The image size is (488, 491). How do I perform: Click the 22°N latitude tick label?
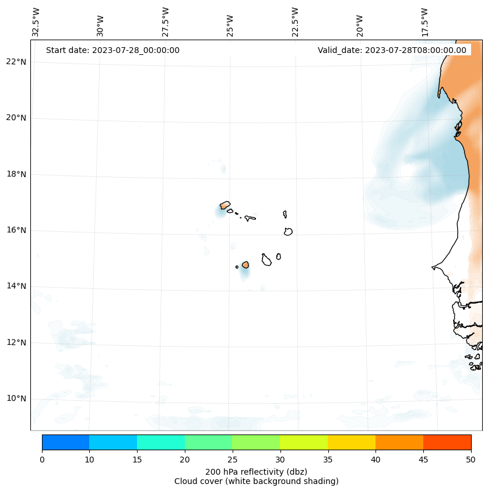[x=16, y=62]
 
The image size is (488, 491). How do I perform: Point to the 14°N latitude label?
[x=16, y=286]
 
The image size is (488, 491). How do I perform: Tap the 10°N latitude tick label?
[x=16, y=398]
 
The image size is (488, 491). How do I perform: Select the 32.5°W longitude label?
[x=36, y=22]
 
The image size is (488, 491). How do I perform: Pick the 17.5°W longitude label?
[x=425, y=22]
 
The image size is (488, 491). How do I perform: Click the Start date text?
[x=113, y=50]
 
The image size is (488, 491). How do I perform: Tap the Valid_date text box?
[x=392, y=50]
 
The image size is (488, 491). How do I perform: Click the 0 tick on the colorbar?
[x=42, y=460]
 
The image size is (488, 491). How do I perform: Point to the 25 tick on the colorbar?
[x=232, y=460]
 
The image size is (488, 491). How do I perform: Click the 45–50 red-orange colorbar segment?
[x=447, y=442]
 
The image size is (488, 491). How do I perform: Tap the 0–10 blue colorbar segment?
[x=65, y=442]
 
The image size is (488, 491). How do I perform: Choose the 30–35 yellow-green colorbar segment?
[x=304, y=442]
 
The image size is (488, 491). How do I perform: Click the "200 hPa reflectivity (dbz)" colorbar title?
[x=256, y=471]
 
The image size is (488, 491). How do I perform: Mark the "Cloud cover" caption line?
[x=256, y=481]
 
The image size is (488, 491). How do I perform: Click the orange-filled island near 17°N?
[x=224, y=205]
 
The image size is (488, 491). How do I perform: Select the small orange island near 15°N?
[x=245, y=264]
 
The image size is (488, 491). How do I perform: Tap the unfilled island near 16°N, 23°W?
[x=288, y=231]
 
